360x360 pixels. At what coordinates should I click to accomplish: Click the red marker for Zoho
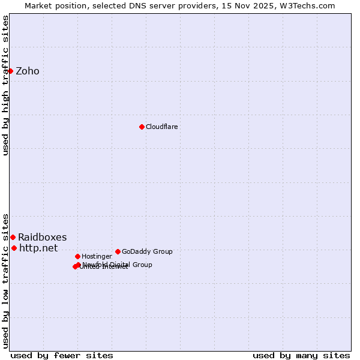coord(10,71)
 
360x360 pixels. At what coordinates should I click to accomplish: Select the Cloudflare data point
coord(142,127)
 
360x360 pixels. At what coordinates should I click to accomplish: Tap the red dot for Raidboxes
coord(13,237)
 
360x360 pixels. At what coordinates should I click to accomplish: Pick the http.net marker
coord(14,248)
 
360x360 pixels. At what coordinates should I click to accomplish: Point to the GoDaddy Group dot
coord(118,251)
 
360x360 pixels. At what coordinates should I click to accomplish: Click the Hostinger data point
coord(77,256)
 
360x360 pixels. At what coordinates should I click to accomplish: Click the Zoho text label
coord(28,71)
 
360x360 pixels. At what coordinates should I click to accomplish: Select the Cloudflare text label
coord(162,127)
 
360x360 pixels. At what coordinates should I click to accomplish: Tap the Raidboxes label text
coord(42,237)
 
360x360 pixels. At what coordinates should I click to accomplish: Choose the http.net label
coord(38,248)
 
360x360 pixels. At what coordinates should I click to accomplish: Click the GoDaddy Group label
coord(147,251)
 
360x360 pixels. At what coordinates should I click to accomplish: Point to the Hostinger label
coord(97,256)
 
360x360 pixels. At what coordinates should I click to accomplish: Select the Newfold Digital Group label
coord(118,264)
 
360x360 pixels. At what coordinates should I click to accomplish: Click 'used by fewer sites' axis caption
coord(62,355)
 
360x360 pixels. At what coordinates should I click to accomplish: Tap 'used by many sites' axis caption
coord(301,355)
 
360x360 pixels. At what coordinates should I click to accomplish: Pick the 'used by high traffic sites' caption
coord(5,85)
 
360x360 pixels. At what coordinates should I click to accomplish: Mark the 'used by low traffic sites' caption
coord(5,280)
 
